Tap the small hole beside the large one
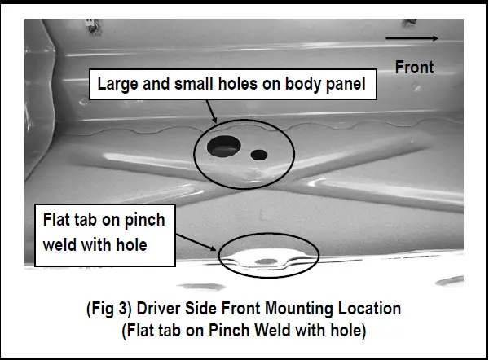pos(259,154)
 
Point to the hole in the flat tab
pos(267,261)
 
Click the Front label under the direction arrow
pos(414,67)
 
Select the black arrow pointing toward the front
pos(412,37)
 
